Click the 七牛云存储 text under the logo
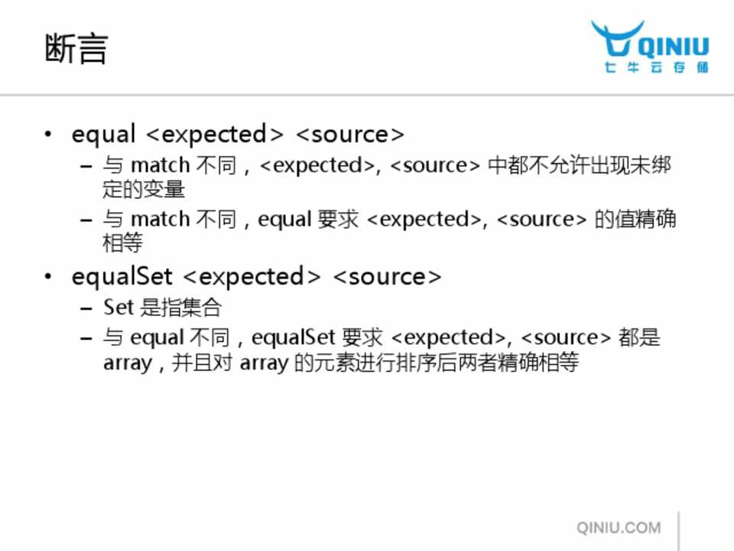pos(656,67)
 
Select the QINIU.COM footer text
pos(619,527)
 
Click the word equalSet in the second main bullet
pos(122,276)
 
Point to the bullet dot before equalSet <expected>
pos(47,276)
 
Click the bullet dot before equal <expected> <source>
pos(47,135)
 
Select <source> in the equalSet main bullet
pos(387,276)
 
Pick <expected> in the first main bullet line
pos(215,135)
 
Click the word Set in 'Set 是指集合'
pos(119,308)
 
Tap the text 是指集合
pos(180,308)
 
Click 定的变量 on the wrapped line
pos(144,189)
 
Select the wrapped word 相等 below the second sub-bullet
pos(123,243)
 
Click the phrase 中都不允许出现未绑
pos(580,165)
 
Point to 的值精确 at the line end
pos(635,219)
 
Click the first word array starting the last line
pos(128,363)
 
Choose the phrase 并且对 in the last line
pos(202,362)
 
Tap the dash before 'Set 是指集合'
pos(86,308)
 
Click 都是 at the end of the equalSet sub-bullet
pos(639,337)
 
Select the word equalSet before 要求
pos(294,337)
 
